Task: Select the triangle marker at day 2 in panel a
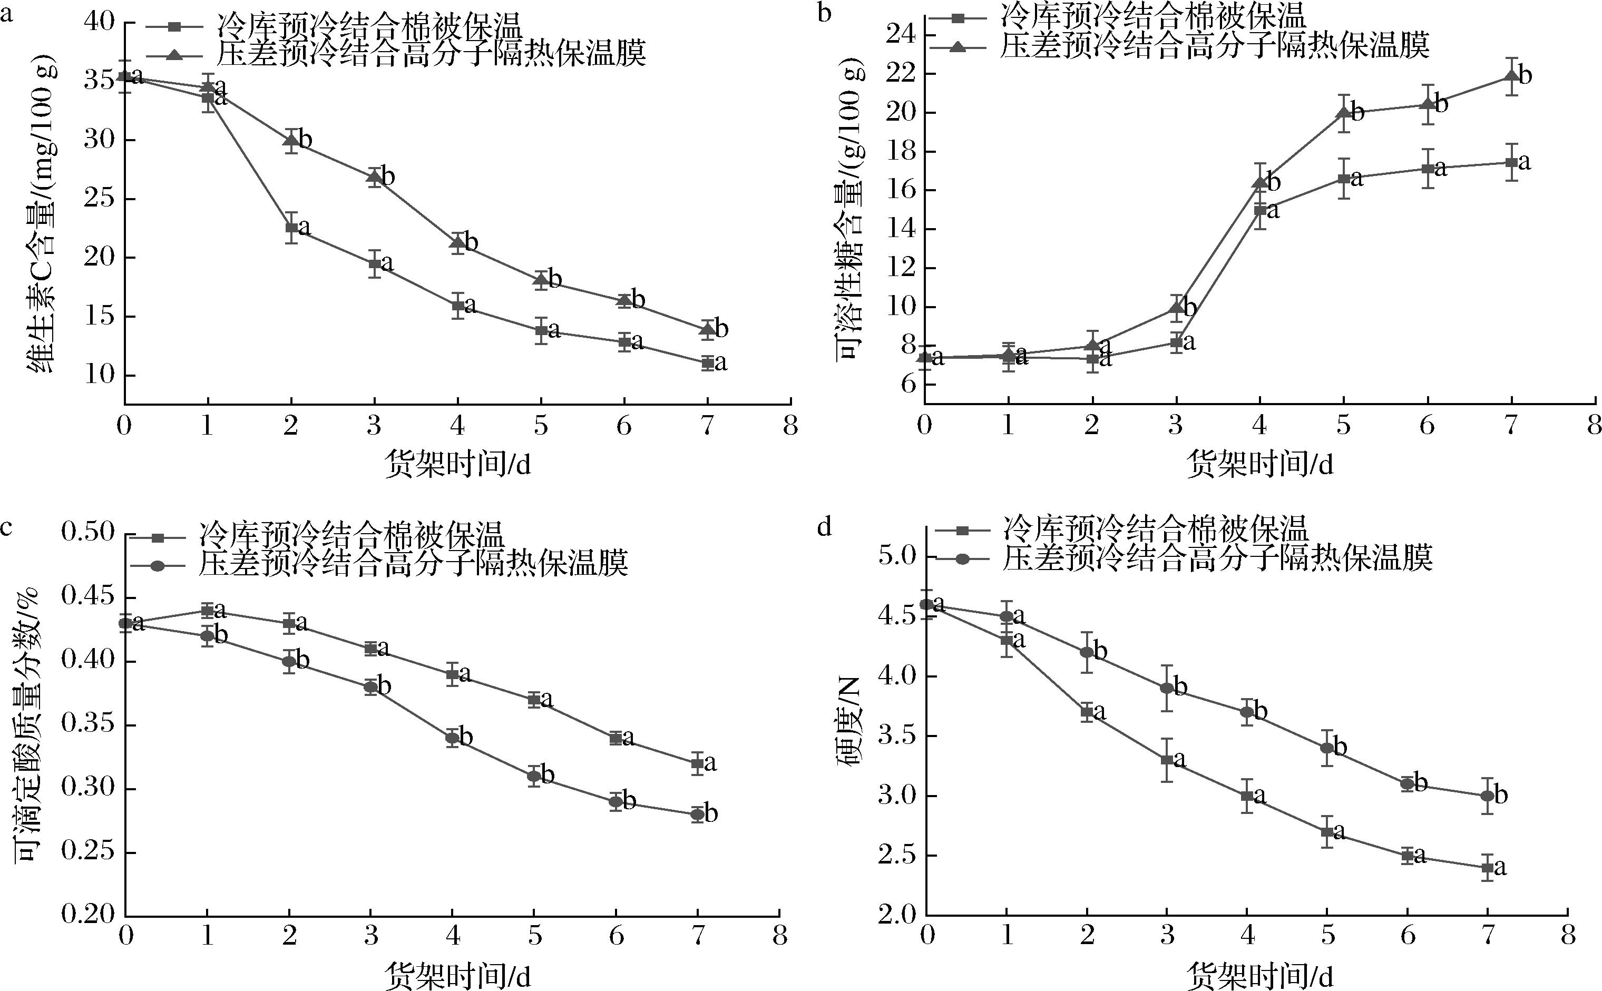coord(291,140)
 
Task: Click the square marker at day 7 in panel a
coord(707,363)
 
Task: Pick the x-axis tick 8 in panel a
coord(790,427)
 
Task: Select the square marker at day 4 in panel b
coord(1260,210)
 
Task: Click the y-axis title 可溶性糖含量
coord(850,217)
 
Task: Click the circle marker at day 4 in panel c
coord(452,738)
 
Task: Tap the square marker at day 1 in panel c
coord(207,611)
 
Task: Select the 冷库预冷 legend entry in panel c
coord(350,537)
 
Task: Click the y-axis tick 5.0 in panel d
coord(900,557)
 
